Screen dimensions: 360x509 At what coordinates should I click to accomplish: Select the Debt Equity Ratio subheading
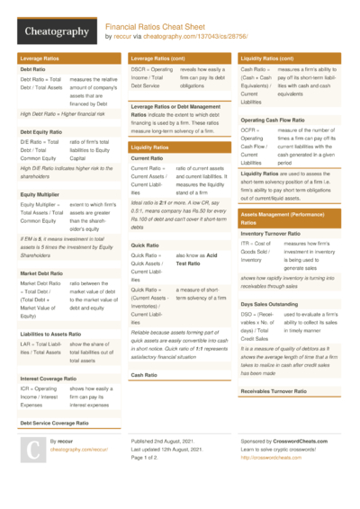pyautogui.click(x=42, y=131)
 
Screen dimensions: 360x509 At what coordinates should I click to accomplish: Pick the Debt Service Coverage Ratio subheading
pyautogui.click(x=59, y=422)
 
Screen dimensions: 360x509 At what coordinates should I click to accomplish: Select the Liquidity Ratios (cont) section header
pyautogui.click(x=273, y=58)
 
